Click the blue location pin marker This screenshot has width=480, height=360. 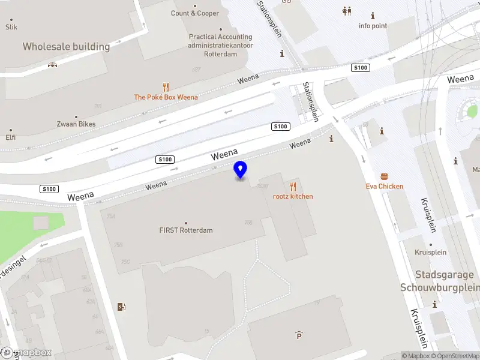(241, 170)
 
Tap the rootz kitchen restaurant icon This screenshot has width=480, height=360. (293, 187)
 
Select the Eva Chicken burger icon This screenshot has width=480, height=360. (384, 176)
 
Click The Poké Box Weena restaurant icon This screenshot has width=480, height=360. (166, 87)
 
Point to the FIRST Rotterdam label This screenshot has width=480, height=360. (186, 230)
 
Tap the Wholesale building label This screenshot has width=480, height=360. (66, 46)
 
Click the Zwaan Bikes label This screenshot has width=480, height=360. (76, 124)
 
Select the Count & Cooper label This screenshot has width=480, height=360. (195, 13)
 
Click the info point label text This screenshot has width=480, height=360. (373, 26)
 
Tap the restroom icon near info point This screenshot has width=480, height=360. (347, 11)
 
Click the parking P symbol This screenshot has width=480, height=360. (299, 335)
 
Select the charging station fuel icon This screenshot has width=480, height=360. (122, 307)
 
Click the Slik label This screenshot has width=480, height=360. (11, 27)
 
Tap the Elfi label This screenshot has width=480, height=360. (11, 137)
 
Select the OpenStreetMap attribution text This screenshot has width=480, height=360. (455, 356)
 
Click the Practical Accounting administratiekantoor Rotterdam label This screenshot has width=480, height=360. (220, 45)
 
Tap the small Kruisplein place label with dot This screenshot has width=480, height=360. (431, 253)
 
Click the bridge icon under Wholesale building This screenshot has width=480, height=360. (53, 65)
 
